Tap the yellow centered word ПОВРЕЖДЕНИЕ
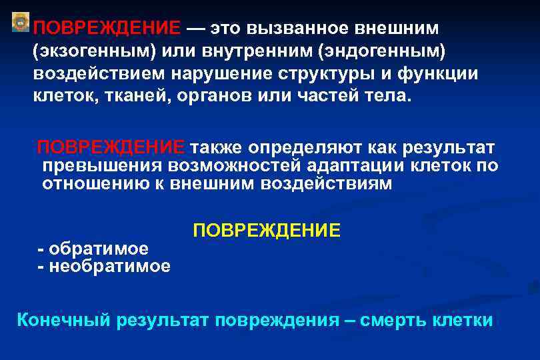tap(267, 231)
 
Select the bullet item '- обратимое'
tap(93, 249)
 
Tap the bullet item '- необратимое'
tap(104, 267)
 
